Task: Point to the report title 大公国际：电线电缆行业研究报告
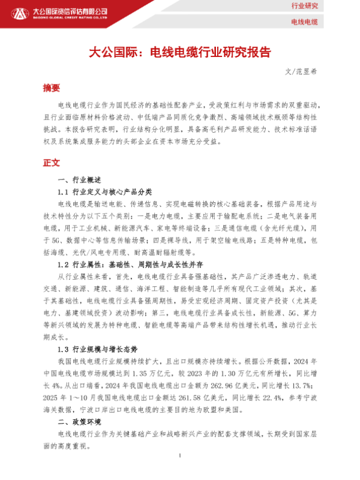click(180, 52)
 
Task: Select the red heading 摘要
click(52, 88)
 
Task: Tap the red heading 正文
click(52, 162)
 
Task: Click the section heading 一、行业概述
click(79, 180)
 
